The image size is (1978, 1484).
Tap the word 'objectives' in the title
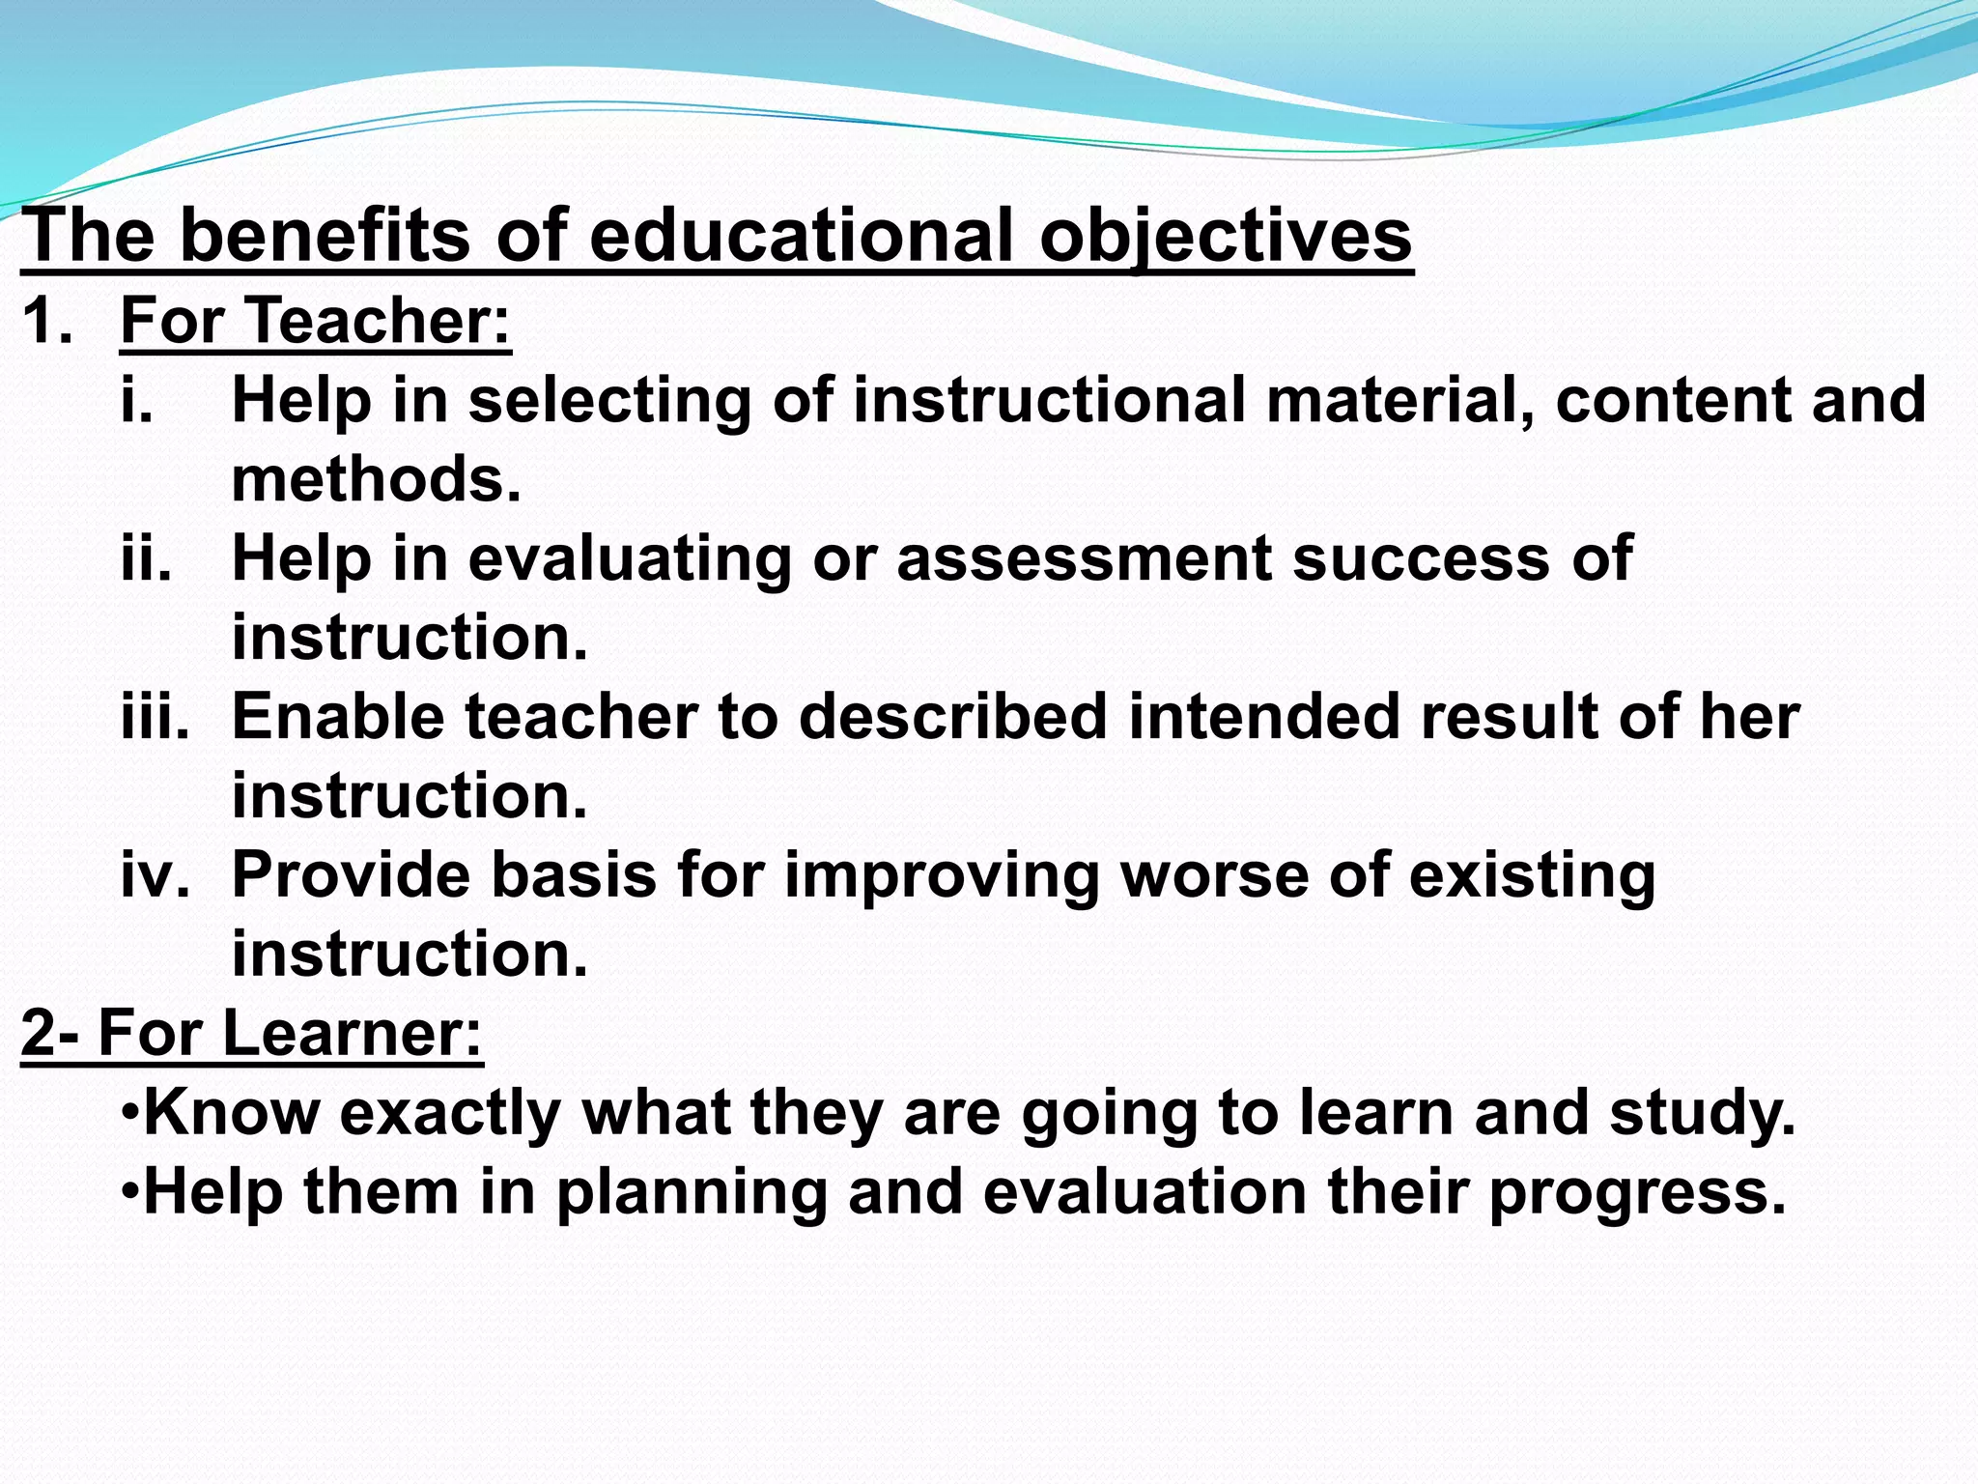[x=1226, y=235]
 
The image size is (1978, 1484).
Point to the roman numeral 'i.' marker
[x=136, y=400]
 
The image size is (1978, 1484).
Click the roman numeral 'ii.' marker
[x=146, y=558]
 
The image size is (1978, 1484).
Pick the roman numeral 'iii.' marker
[x=155, y=717]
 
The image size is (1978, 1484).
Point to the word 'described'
[x=952, y=717]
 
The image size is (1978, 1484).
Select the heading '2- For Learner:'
[x=251, y=1032]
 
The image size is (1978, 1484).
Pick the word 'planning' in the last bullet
[x=692, y=1192]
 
